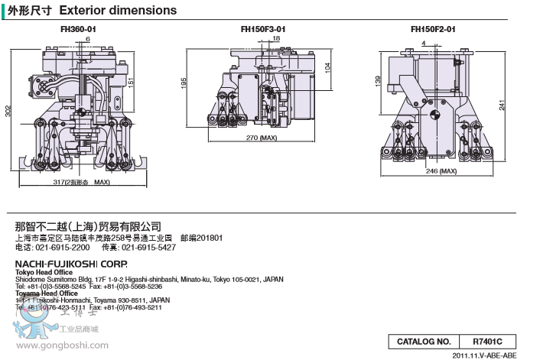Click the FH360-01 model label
(x=78, y=29)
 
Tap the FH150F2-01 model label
(x=432, y=29)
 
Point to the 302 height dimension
(x=8, y=111)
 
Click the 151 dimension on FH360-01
(x=131, y=81)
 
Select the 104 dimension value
(x=327, y=67)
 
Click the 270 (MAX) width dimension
(x=261, y=139)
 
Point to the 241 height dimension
(x=502, y=105)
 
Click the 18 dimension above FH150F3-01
(x=276, y=37)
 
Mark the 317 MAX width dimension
(x=82, y=183)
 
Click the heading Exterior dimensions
(x=117, y=11)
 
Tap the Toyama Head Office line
(x=46, y=294)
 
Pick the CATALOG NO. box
(x=423, y=341)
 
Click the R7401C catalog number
(x=489, y=341)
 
